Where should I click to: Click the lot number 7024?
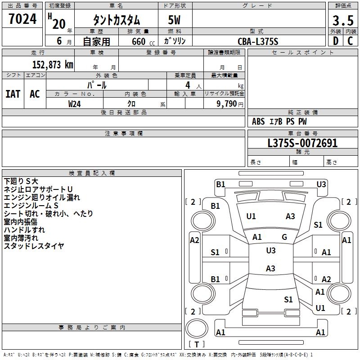(x=22, y=19)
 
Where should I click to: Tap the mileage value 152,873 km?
(x=53, y=64)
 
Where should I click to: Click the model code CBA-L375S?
(x=258, y=41)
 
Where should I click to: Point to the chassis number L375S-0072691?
(x=302, y=143)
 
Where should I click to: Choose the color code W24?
(x=75, y=103)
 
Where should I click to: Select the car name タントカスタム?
(x=116, y=20)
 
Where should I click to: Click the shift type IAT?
(x=13, y=94)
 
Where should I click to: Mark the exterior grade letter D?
(x=335, y=41)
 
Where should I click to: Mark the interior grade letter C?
(x=350, y=41)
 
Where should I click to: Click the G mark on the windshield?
(x=284, y=237)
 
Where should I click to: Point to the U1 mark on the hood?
(x=251, y=216)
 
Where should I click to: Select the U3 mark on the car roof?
(x=270, y=250)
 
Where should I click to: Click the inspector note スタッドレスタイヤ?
(x=34, y=246)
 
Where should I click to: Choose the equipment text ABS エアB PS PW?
(x=279, y=121)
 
